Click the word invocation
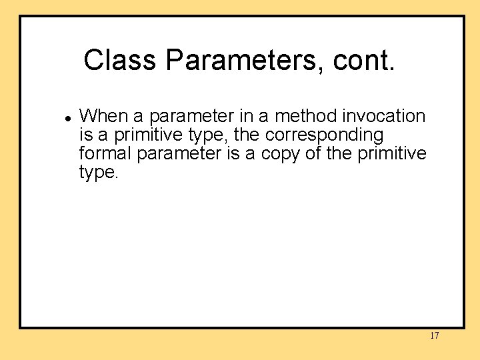(384, 116)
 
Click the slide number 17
(434, 336)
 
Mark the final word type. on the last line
(99, 173)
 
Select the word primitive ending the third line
(393, 153)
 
